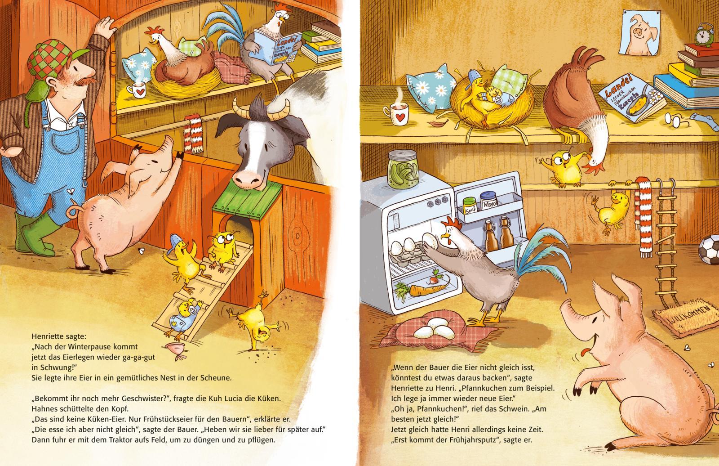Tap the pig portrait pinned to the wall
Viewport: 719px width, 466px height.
pyautogui.click(x=640, y=33)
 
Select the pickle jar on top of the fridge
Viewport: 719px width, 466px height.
pyautogui.click(x=403, y=169)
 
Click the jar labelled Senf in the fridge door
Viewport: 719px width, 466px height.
pyautogui.click(x=470, y=206)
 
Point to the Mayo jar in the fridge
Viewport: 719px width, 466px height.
pyautogui.click(x=489, y=201)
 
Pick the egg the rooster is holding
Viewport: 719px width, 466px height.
pyautogui.click(x=429, y=241)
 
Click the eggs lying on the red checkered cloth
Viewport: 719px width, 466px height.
pyautogui.click(x=435, y=329)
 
